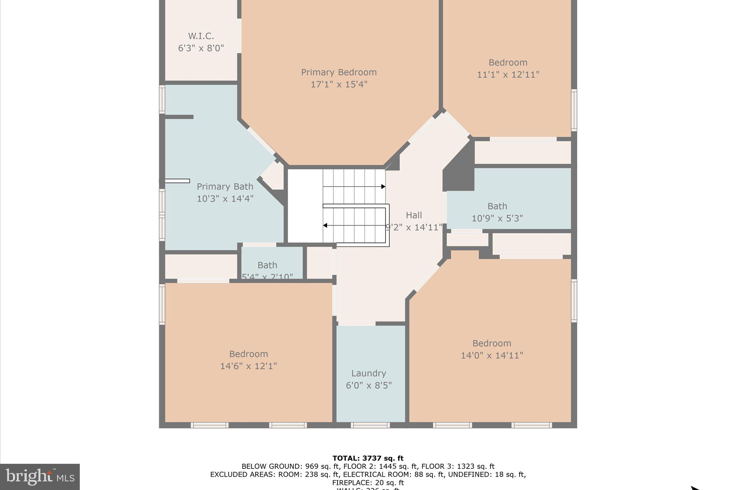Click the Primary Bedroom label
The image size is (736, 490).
[339, 72]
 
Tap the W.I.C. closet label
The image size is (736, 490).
[201, 36]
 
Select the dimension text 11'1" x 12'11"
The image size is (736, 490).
[508, 75]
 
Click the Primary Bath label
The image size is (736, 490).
[225, 186]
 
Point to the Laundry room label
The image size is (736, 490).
[369, 373]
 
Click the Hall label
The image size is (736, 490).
[414, 215]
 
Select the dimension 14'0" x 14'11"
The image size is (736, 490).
[492, 355]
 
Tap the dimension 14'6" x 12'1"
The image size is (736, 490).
[248, 366]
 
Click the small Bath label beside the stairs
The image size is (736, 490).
[267, 265]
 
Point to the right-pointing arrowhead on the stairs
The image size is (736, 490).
[383, 187]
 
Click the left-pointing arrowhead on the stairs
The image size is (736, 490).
[325, 225]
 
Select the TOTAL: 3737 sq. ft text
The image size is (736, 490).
[368, 458]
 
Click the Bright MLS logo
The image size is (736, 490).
[40, 477]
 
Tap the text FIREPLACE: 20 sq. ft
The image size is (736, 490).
[368, 482]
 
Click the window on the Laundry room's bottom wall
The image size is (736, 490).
[370, 425]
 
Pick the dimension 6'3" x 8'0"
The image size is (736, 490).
[201, 48]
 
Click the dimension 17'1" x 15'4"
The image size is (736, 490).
[339, 84]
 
